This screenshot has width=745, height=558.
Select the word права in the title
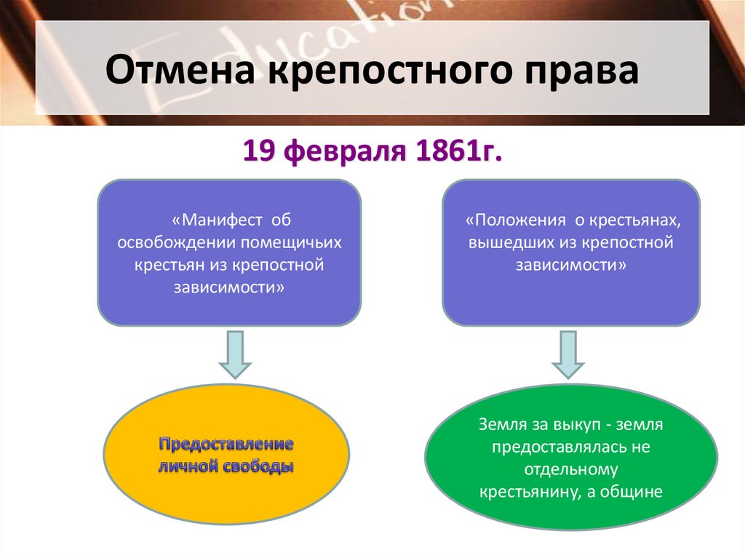[x=579, y=73]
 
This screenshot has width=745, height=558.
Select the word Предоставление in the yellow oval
[x=227, y=444]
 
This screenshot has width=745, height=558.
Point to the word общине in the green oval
[x=633, y=491]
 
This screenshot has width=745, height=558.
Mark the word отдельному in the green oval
[x=570, y=469]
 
